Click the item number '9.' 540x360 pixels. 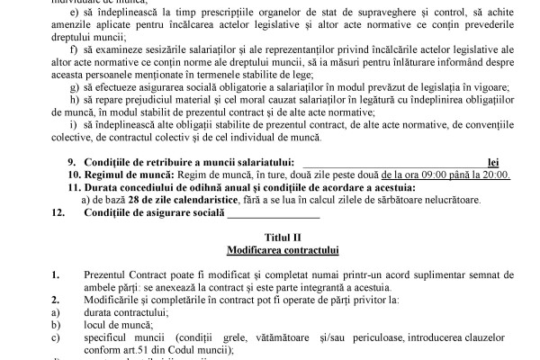coord(73,162)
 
